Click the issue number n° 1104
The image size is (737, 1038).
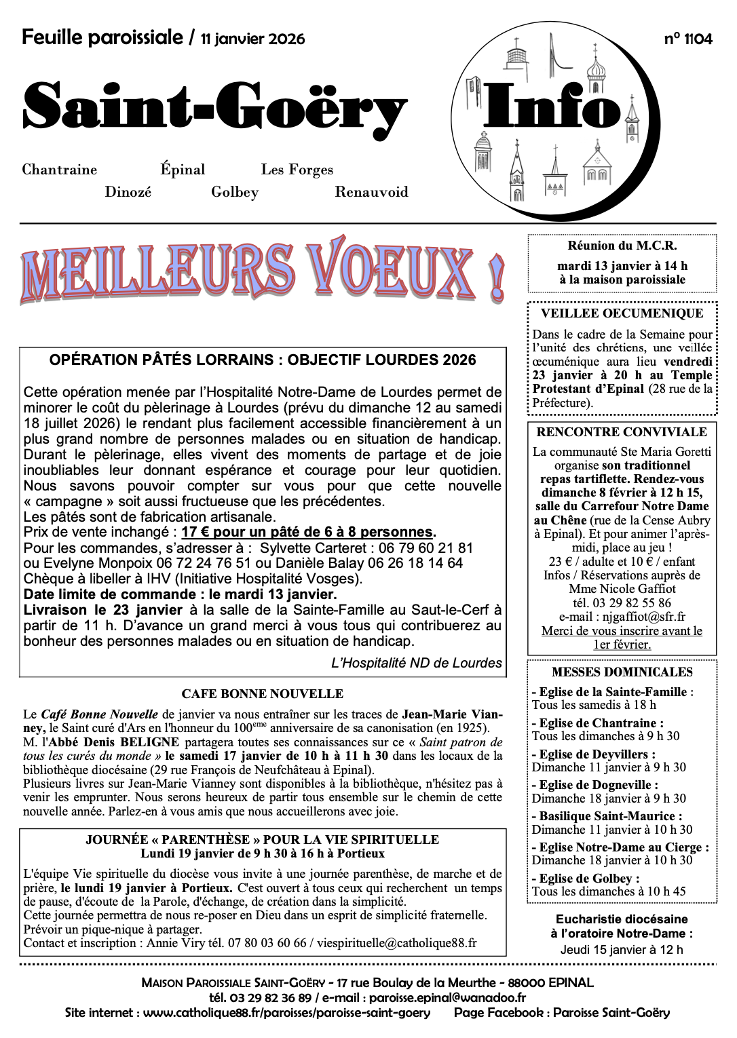[x=688, y=39]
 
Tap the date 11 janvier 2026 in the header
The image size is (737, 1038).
[x=252, y=39]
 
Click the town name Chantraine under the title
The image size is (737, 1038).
[x=60, y=170]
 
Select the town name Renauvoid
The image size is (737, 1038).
[x=371, y=192]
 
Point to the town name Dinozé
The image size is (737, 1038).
[x=128, y=192]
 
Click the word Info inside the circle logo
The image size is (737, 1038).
[x=552, y=107]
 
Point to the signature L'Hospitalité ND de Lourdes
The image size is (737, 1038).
[x=417, y=664]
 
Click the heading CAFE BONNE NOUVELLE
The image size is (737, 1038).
[x=262, y=694]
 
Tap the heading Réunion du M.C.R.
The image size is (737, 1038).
[x=622, y=246]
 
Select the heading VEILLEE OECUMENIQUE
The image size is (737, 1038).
[x=622, y=313]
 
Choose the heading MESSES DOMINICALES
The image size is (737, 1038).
[x=622, y=672]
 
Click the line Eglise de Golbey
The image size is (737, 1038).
[x=586, y=879]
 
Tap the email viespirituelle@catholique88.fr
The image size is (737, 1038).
[x=397, y=943]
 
